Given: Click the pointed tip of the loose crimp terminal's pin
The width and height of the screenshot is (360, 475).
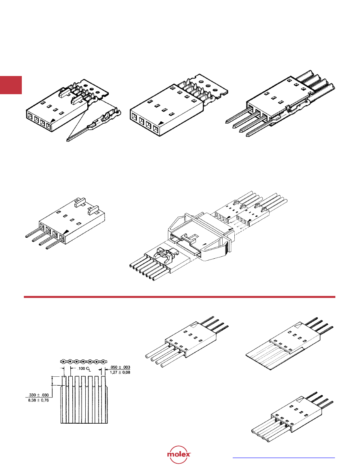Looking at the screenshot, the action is tap(67, 141).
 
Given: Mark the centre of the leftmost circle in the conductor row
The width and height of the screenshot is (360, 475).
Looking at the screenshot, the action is tap(63, 361).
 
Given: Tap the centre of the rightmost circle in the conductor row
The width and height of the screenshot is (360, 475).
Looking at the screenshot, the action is tap(103, 361).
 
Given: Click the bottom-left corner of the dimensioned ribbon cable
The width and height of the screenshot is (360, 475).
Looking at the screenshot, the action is tap(61, 423).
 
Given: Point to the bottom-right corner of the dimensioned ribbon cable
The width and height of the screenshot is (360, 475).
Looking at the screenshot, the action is tap(107, 423).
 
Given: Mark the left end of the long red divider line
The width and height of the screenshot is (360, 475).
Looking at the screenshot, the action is tap(24, 297).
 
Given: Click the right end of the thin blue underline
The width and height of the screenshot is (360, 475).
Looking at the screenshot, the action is tap(335, 458).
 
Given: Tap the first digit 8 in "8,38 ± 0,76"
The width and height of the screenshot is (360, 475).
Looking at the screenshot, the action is tap(29, 400).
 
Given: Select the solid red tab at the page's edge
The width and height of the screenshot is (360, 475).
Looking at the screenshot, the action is tap(11, 85).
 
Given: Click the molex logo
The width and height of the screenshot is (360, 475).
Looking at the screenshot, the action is tap(179, 455).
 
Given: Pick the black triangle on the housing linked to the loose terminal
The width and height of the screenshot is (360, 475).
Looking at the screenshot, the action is tap(53, 120).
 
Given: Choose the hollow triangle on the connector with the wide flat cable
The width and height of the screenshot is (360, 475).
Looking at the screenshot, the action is tap(298, 325).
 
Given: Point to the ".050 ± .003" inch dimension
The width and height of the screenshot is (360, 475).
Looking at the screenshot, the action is tap(120, 367).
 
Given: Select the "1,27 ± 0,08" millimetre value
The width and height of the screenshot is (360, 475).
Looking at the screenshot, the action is tap(120, 372).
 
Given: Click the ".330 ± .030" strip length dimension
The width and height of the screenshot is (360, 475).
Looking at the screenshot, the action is tap(38, 395).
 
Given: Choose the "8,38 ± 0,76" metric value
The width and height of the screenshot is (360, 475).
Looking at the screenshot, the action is tap(38, 400).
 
